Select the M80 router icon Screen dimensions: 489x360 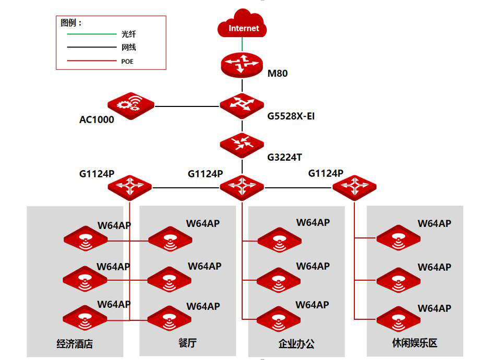click(242, 65)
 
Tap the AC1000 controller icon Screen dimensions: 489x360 click(131, 106)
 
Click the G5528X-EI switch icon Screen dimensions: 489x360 click(242, 106)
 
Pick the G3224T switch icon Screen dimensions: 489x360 click(242, 145)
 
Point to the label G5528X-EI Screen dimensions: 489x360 click(291, 116)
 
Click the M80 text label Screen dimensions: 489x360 click(278, 74)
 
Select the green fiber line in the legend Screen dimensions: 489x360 click(92, 34)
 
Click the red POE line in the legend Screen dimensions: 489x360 click(92, 61)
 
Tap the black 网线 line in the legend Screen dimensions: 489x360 click(92, 47)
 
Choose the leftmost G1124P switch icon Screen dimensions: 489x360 click(130, 187)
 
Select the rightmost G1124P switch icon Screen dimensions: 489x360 click(354, 187)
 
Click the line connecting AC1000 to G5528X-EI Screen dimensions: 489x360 click(187, 106)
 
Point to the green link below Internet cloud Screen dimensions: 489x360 click(242, 44)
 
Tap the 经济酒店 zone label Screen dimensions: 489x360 click(75, 344)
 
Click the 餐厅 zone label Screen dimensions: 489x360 click(187, 343)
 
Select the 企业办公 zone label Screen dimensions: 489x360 click(296, 344)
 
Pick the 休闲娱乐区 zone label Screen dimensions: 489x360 click(415, 343)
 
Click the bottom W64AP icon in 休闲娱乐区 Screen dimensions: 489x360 click(398, 319)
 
